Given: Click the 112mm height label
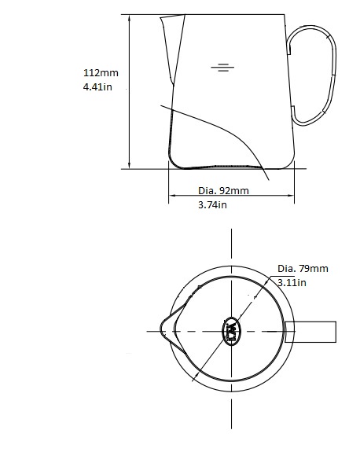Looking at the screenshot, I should coord(100,72).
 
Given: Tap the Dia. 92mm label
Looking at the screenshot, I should coord(223,191).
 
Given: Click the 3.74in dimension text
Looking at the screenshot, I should coord(211,204).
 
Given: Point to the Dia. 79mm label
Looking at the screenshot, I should coord(303,269).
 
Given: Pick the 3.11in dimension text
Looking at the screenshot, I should coord(291,282).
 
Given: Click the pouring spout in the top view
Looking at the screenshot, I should coord(168,329).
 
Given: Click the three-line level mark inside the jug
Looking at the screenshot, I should coord(223,68).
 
